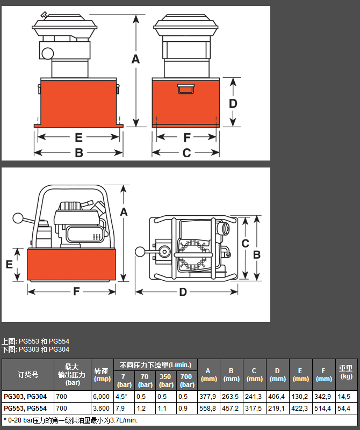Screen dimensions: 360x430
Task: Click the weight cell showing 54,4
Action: [343, 409]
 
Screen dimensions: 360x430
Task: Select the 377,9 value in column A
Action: [207, 397]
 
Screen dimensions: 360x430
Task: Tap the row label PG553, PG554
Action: [25, 409]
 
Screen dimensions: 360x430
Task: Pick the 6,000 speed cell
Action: [101, 397]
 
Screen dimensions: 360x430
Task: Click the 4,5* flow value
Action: [121, 397]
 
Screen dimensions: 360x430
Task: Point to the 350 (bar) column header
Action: [166, 381]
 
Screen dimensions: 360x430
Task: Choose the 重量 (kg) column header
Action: [345, 372]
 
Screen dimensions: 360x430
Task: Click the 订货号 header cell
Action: [28, 375]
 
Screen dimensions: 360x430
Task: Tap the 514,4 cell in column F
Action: [323, 409]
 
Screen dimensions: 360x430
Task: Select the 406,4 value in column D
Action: [276, 397]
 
